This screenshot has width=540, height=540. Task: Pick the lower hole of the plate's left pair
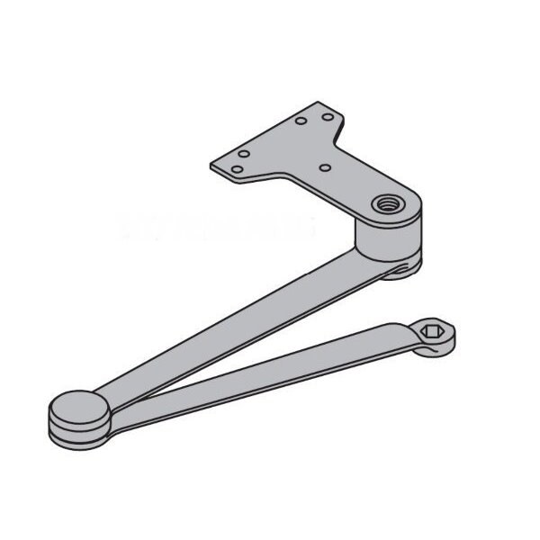coord(236,167)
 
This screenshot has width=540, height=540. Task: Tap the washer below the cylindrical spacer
coord(400,269)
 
